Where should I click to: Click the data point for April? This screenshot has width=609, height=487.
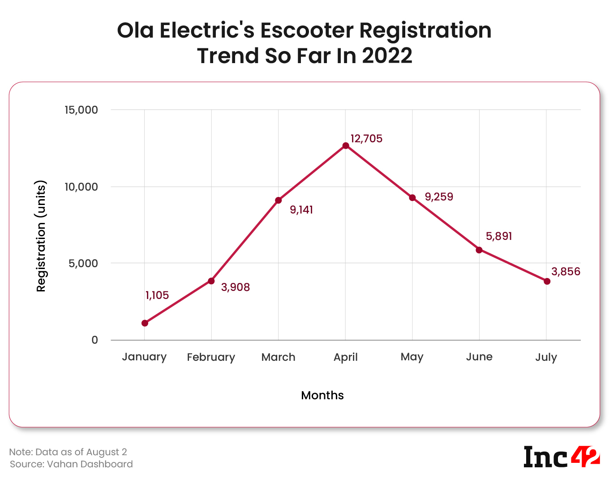click(x=346, y=145)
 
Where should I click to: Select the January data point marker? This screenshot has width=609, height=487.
click(x=145, y=323)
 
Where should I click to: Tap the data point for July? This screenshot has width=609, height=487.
click(x=547, y=281)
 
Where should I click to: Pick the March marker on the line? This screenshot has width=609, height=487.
click(x=279, y=200)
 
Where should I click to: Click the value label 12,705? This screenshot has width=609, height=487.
click(x=366, y=139)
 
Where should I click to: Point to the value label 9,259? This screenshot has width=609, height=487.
click(x=439, y=197)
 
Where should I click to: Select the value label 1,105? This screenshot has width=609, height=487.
click(x=157, y=295)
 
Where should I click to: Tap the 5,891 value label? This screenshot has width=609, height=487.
click(x=499, y=236)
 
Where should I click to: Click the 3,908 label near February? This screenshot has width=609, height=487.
click(x=236, y=287)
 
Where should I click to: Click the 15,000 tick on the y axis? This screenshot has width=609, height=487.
click(x=81, y=110)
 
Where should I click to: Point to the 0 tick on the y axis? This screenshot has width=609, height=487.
click(x=94, y=340)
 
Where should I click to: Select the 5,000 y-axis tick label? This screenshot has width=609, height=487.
click(x=83, y=264)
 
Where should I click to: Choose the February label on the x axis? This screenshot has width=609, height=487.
click(x=211, y=357)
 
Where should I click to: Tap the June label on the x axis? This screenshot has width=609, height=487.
click(x=479, y=357)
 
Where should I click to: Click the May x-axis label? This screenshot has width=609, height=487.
click(x=412, y=357)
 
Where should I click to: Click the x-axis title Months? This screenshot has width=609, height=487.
click(x=322, y=395)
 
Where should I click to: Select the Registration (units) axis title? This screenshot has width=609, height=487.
click(x=41, y=236)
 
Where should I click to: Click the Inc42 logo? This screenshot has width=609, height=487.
click(x=562, y=457)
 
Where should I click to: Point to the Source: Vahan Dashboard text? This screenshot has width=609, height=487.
click(x=72, y=464)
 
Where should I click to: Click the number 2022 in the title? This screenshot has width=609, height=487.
click(x=387, y=56)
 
